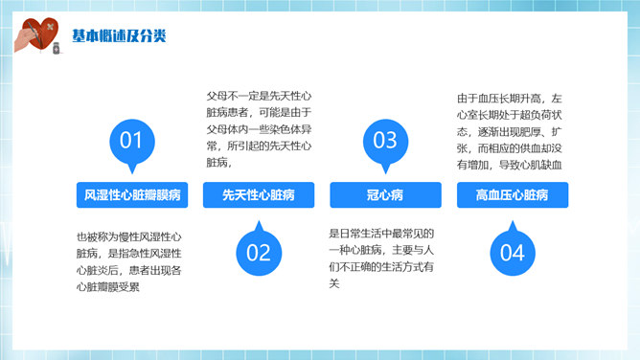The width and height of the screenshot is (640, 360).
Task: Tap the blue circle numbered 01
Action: (130, 141)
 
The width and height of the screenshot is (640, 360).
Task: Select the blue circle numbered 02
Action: (259, 252)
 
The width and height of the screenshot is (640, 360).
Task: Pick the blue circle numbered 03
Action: (384, 141)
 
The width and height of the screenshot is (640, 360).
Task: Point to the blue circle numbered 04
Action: (512, 252)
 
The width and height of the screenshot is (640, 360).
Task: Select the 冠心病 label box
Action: (384, 195)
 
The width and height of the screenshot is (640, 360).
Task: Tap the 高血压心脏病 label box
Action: (512, 195)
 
